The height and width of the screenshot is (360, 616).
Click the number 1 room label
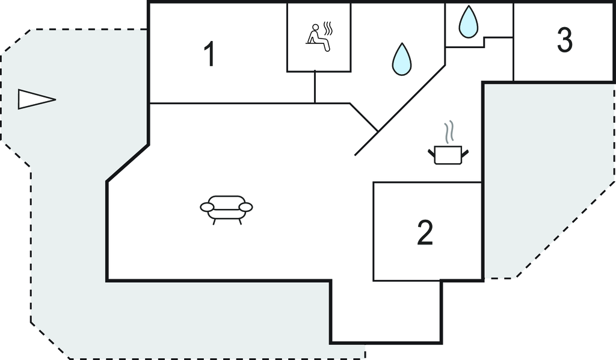point(209,55)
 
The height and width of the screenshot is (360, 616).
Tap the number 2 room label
point(425,232)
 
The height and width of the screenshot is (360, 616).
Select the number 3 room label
point(564,40)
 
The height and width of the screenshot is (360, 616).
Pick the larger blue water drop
point(401,60)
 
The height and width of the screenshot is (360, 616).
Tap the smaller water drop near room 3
point(468,22)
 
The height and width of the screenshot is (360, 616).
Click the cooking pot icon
point(448,154)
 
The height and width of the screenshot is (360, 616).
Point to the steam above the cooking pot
point(448,132)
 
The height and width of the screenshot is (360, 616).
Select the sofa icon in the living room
point(226,207)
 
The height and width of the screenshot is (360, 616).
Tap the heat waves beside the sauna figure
point(328,28)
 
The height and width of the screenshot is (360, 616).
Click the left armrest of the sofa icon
point(207,208)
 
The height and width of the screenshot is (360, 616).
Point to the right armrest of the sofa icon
point(245,207)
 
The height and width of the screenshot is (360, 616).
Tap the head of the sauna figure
point(315,27)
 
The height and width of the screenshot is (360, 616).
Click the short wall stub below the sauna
point(315,87)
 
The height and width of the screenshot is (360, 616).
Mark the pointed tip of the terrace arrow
point(55,99)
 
